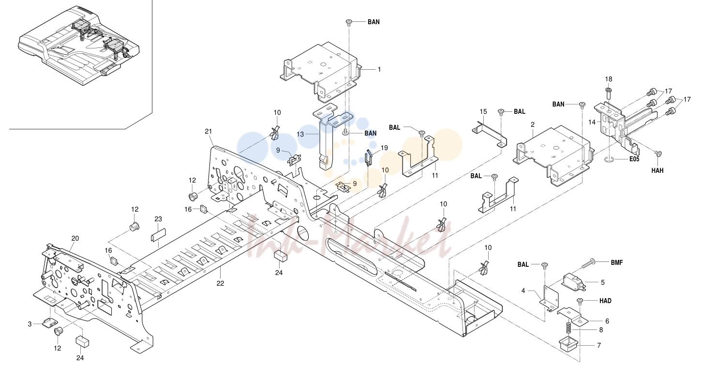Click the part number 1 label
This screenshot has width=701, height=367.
[379, 70]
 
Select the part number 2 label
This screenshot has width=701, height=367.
[533, 124]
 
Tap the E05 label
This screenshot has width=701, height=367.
[634, 159]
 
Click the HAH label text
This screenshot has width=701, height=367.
[657, 170]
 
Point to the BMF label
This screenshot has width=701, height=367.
[617, 263]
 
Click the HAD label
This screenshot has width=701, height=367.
[605, 301]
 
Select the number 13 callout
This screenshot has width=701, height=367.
[300, 134]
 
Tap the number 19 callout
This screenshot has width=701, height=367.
[384, 148]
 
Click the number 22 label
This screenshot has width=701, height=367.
[220, 283]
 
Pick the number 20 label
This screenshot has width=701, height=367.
[75, 239]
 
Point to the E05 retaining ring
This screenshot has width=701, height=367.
[608, 160]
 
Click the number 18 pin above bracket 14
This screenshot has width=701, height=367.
[609, 93]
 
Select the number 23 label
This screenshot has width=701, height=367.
[158, 219]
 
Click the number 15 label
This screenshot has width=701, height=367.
[483, 112]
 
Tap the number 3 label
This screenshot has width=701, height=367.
[30, 324]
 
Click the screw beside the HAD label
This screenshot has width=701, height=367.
[580, 302]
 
